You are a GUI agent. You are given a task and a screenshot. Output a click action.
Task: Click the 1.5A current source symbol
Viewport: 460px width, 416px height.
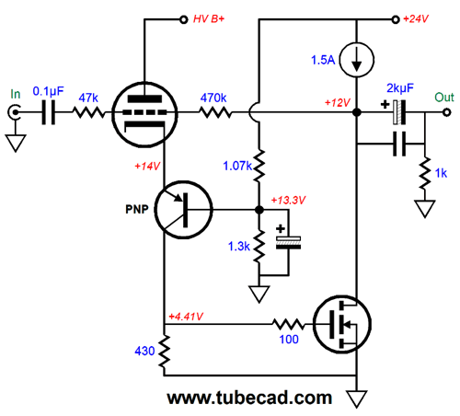(357, 60)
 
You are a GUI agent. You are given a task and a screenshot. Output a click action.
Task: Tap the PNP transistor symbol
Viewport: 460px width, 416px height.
(184, 210)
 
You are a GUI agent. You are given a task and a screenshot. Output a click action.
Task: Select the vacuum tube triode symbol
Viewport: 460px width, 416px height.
(144, 114)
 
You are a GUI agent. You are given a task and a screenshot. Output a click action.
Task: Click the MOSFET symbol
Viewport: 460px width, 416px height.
(342, 325)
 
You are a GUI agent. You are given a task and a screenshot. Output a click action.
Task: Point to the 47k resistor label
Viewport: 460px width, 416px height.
(88, 98)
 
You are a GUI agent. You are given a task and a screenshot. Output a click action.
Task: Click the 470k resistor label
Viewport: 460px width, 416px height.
(213, 98)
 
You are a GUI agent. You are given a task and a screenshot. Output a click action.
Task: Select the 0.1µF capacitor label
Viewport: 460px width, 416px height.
(48, 91)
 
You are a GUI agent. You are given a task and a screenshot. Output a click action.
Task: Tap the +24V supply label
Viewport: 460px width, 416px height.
(416, 19)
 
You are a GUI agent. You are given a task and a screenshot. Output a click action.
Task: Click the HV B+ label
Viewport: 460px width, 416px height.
(209, 19)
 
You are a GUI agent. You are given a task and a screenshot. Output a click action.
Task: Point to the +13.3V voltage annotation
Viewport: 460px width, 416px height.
(288, 201)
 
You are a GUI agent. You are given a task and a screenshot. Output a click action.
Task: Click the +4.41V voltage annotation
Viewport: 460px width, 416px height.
(186, 317)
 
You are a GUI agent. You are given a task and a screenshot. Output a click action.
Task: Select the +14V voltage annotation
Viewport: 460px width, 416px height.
(147, 167)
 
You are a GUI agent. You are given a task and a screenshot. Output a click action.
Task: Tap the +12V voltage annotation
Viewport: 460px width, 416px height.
(338, 102)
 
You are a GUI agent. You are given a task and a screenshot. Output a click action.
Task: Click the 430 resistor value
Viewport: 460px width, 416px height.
(144, 351)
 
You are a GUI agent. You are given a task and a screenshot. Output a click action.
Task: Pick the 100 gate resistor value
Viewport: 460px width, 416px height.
(289, 340)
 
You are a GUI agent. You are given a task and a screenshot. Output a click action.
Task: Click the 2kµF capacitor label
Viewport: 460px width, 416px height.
(400, 88)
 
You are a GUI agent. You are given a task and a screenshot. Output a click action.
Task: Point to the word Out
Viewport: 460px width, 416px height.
(444, 98)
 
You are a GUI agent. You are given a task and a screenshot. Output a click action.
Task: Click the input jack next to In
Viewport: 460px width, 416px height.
(15, 112)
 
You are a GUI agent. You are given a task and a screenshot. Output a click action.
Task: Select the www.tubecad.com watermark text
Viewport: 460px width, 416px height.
(249, 398)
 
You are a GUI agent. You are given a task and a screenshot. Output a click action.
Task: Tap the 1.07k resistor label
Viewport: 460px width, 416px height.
(237, 166)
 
